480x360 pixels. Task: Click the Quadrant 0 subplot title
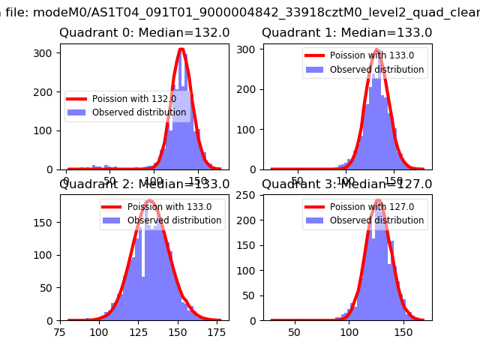[x=144, y=33]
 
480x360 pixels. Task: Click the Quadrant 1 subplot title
[x=346, y=33]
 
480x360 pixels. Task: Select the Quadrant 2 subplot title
[x=144, y=184]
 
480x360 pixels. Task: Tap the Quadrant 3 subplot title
[x=346, y=184]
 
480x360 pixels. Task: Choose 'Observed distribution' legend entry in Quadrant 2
[x=174, y=220]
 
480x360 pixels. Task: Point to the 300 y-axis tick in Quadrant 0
[x=46, y=53]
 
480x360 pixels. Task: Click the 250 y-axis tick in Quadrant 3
[x=248, y=195]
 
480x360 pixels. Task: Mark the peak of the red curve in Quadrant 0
[x=181, y=49]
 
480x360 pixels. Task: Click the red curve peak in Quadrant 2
[x=150, y=200]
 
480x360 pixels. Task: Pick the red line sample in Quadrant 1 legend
[x=318, y=56]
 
